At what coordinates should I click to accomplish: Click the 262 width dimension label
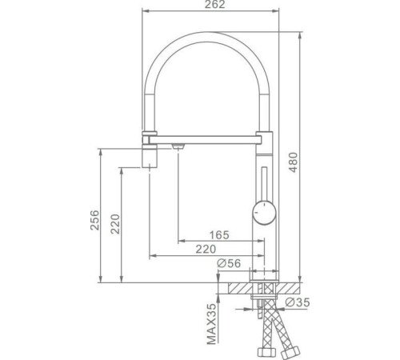(x=214, y=4)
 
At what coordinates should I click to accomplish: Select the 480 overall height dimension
(x=293, y=162)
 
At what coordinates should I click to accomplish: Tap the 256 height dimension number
(x=94, y=220)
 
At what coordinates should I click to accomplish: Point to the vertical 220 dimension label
(x=115, y=224)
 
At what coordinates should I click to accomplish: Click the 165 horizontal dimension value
(x=219, y=235)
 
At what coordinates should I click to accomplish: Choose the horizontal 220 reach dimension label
(x=206, y=249)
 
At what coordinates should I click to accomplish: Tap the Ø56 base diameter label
(x=229, y=263)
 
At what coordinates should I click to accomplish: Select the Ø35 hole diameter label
(x=298, y=302)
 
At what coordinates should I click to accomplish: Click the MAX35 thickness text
(x=211, y=324)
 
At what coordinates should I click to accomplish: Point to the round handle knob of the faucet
(x=264, y=213)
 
